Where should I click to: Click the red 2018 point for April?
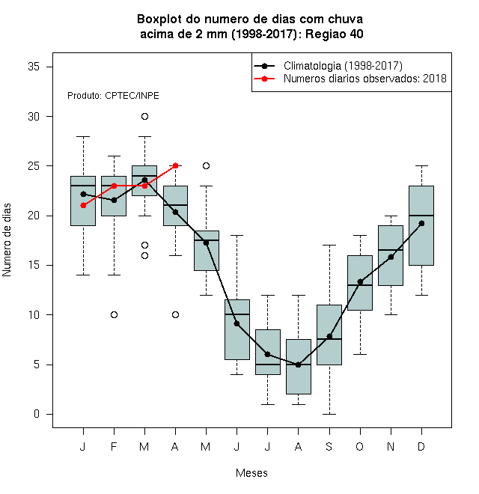pyautogui.click(x=176, y=165)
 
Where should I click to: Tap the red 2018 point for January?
pyautogui.click(x=83, y=205)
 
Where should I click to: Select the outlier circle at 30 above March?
pyautogui.click(x=144, y=117)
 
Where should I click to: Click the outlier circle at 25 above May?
pyautogui.click(x=206, y=165)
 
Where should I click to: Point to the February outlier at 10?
pyautogui.click(x=114, y=314)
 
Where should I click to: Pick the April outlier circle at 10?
pyautogui.click(x=176, y=314)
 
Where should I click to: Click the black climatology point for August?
pyautogui.click(x=298, y=365)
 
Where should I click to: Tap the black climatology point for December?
pyautogui.click(x=421, y=223)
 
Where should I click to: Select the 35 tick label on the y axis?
pyautogui.click(x=34, y=67)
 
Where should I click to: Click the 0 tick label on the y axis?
pyautogui.click(x=37, y=414)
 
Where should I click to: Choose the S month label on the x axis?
pyautogui.click(x=329, y=446)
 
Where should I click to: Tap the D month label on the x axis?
pyautogui.click(x=421, y=446)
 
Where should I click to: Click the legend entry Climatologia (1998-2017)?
pyautogui.click(x=343, y=66)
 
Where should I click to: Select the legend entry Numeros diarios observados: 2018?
pyautogui.click(x=365, y=79)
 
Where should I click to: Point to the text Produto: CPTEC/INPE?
pyautogui.click(x=113, y=96)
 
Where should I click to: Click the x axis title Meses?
pyautogui.click(x=251, y=473)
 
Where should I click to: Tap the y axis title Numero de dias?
pyautogui.click(x=7, y=240)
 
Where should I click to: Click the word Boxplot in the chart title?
pyautogui.click(x=159, y=19)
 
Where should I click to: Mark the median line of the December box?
pyautogui.click(x=421, y=216)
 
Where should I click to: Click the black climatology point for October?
pyautogui.click(x=360, y=281)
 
